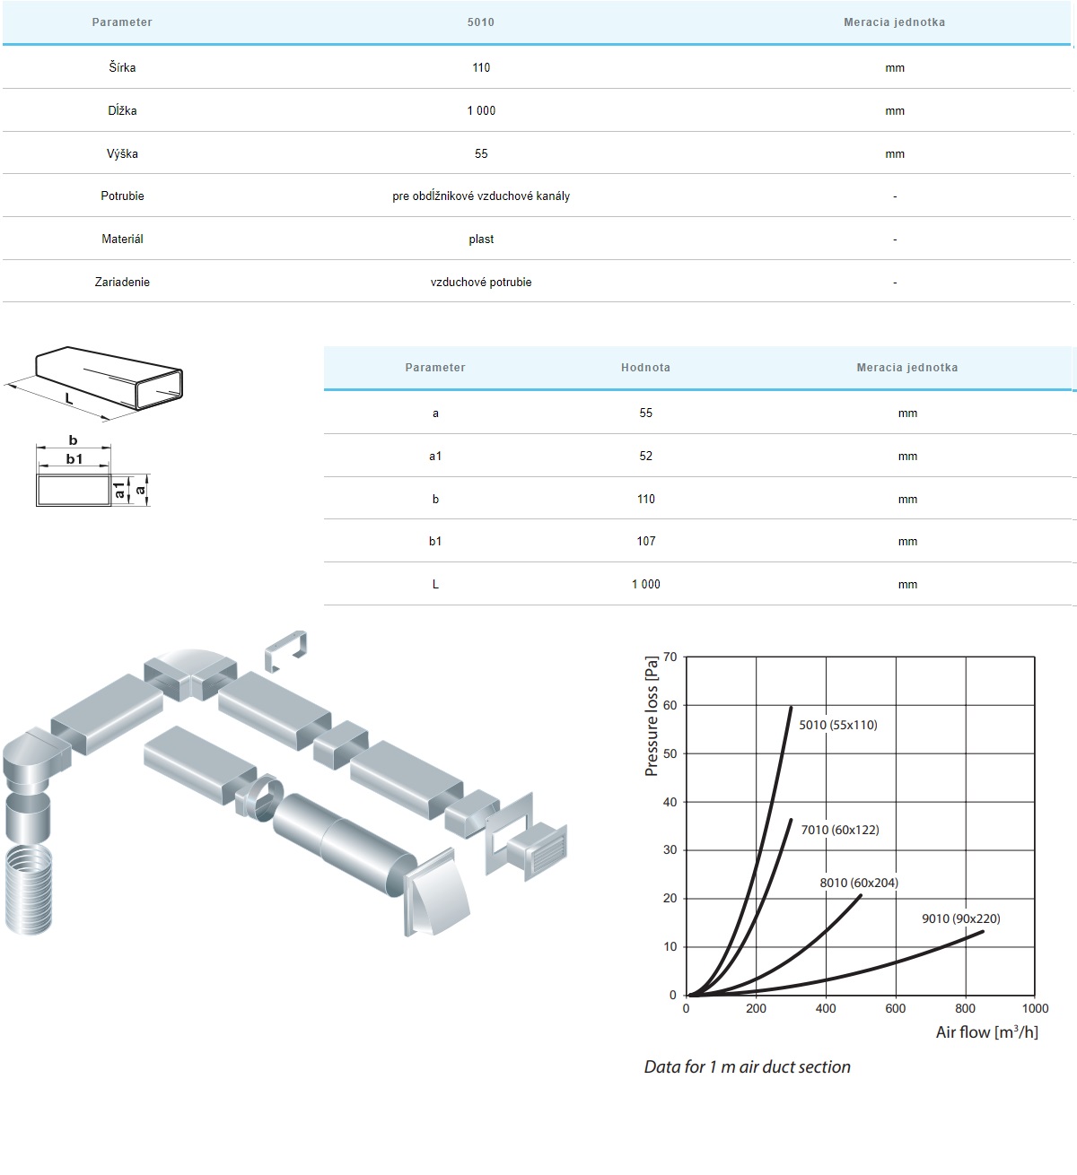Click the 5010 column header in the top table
[480, 22]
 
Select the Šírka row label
[122, 67]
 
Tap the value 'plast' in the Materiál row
[481, 239]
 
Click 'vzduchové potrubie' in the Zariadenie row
[481, 282]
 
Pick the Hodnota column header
[645, 367]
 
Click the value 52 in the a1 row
[645, 456]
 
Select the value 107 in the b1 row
[646, 541]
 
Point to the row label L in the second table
[435, 584]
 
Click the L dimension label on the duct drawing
[68, 399]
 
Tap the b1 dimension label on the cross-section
[74, 458]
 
